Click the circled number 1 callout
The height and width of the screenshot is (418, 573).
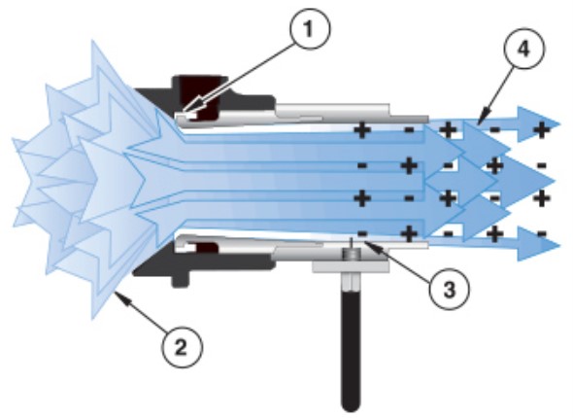[x=310, y=29]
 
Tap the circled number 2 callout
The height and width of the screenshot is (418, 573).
[x=182, y=347]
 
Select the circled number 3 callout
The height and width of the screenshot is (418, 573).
[x=449, y=289]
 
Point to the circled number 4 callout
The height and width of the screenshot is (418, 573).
[x=523, y=49]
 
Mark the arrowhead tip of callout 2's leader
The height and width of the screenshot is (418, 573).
[x=115, y=292]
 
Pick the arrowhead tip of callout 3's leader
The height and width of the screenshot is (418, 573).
[x=364, y=243]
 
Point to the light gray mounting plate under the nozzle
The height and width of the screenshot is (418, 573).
[x=351, y=265]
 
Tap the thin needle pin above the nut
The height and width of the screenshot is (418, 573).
[x=352, y=243]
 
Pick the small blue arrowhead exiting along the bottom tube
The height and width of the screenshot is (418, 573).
[x=538, y=244]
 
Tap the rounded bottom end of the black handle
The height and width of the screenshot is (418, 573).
[x=351, y=406]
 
